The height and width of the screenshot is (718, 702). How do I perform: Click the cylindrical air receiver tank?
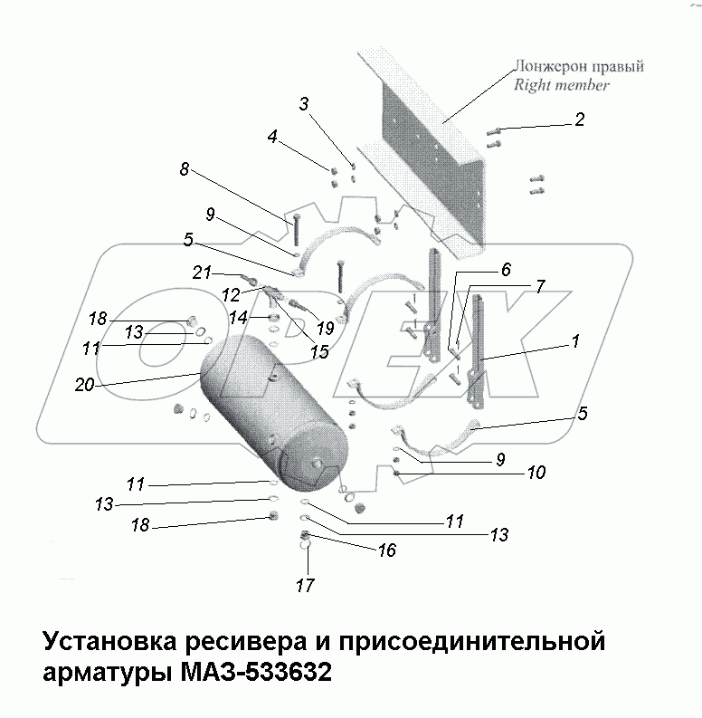(x=271, y=412)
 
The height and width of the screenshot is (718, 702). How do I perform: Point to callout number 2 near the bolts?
(x=579, y=119)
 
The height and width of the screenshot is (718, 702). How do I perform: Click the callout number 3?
(x=306, y=104)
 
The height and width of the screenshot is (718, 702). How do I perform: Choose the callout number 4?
(x=271, y=139)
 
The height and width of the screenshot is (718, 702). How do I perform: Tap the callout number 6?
(x=505, y=269)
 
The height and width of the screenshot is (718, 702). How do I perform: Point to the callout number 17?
(x=306, y=586)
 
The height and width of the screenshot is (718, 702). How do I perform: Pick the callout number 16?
(x=387, y=550)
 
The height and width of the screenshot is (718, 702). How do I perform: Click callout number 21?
(x=202, y=272)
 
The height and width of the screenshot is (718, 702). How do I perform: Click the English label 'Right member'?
(x=561, y=85)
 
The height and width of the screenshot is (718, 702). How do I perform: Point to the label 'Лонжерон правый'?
(x=578, y=67)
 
